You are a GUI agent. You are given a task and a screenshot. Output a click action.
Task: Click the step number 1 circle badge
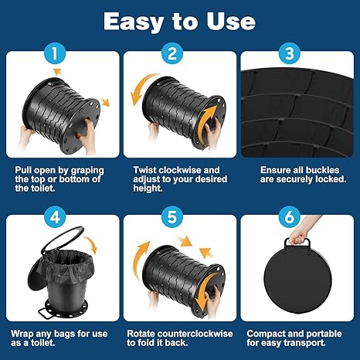(54, 54)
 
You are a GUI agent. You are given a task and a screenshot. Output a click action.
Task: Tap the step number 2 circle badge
(172, 54)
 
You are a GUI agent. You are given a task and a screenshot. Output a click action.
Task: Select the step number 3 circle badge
(290, 54)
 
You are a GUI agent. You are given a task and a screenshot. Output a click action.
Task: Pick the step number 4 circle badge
(54, 218)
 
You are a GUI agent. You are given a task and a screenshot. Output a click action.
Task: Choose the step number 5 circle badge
(172, 218)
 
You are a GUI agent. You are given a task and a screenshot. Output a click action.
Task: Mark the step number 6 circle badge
(290, 218)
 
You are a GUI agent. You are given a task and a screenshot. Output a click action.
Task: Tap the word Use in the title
(231, 21)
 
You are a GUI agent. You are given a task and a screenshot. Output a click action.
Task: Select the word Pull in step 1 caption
(23, 170)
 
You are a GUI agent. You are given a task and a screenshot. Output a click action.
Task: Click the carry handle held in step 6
(297, 243)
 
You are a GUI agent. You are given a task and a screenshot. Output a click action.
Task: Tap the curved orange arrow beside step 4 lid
(91, 244)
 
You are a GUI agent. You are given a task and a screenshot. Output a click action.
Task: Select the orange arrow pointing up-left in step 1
(58, 71)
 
